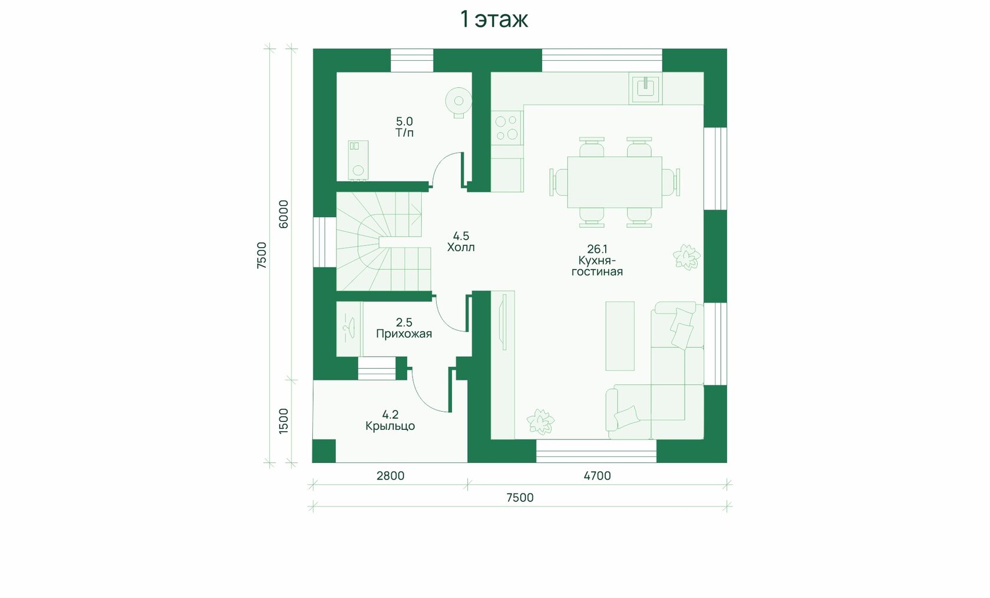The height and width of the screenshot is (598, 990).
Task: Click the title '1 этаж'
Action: pyautogui.click(x=494, y=19)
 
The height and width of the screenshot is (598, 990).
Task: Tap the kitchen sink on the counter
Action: pyautogui.click(x=645, y=88)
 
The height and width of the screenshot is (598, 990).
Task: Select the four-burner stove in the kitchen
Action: pyautogui.click(x=507, y=127)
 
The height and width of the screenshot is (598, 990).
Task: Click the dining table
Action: pyautogui.click(x=614, y=182)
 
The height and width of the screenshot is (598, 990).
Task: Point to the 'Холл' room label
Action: pyautogui.click(x=461, y=247)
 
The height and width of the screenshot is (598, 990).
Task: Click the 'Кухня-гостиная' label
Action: pyautogui.click(x=597, y=266)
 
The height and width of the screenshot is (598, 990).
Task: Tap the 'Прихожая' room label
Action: pyautogui.click(x=404, y=334)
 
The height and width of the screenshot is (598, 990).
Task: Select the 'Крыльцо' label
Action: pyautogui.click(x=390, y=426)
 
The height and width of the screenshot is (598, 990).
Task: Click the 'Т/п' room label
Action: pyautogui.click(x=404, y=133)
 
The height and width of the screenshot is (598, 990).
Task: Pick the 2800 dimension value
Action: pyautogui.click(x=390, y=476)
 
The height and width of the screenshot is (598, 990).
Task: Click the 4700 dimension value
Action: pyautogui.click(x=597, y=476)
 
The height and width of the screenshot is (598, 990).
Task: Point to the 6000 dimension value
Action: pyautogui.click(x=283, y=214)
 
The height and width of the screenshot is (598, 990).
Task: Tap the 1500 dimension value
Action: pyautogui.click(x=283, y=420)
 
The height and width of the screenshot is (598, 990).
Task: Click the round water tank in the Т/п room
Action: pyautogui.click(x=458, y=102)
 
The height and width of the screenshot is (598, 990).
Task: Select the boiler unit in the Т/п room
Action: pyautogui.click(x=358, y=160)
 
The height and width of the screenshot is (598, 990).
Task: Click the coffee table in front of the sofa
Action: pyautogui.click(x=620, y=336)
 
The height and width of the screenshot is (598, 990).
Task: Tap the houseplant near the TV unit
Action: pyautogui.click(x=540, y=422)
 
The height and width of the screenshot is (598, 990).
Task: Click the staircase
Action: pyautogui.click(x=383, y=241)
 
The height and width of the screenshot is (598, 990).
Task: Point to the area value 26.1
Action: pyautogui.click(x=597, y=249)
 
